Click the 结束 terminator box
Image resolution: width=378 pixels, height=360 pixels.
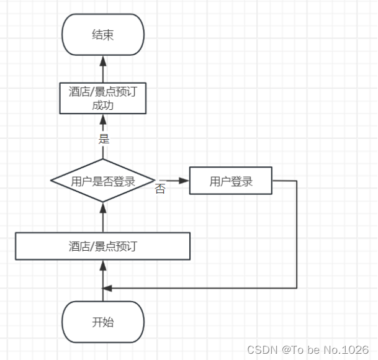[103, 34]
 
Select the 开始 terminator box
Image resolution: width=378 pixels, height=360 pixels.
[103, 322]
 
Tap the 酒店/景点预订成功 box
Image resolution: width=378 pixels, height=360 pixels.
[103, 98]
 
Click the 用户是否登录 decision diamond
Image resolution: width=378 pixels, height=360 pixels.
[103, 181]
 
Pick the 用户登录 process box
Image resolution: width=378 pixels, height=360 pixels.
[231, 181]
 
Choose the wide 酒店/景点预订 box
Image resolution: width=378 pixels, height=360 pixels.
[103, 246]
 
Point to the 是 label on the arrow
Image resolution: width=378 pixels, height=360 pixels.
[104, 138]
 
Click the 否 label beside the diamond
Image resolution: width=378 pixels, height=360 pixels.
[160, 189]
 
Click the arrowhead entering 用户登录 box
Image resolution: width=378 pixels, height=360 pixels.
[184, 181]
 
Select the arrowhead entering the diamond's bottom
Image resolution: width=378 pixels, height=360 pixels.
[103, 207]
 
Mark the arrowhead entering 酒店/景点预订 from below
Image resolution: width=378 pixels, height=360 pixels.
[103, 264]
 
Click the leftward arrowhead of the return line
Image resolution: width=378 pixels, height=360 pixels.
[107, 288]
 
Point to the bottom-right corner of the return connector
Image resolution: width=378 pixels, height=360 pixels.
[297, 288]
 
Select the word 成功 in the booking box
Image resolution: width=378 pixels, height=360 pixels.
[103, 105]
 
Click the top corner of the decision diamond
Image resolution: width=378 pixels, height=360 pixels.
[103, 161]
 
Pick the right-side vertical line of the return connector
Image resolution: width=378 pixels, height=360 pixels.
[297, 236]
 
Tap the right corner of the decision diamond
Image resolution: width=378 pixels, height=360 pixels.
[155, 181]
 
